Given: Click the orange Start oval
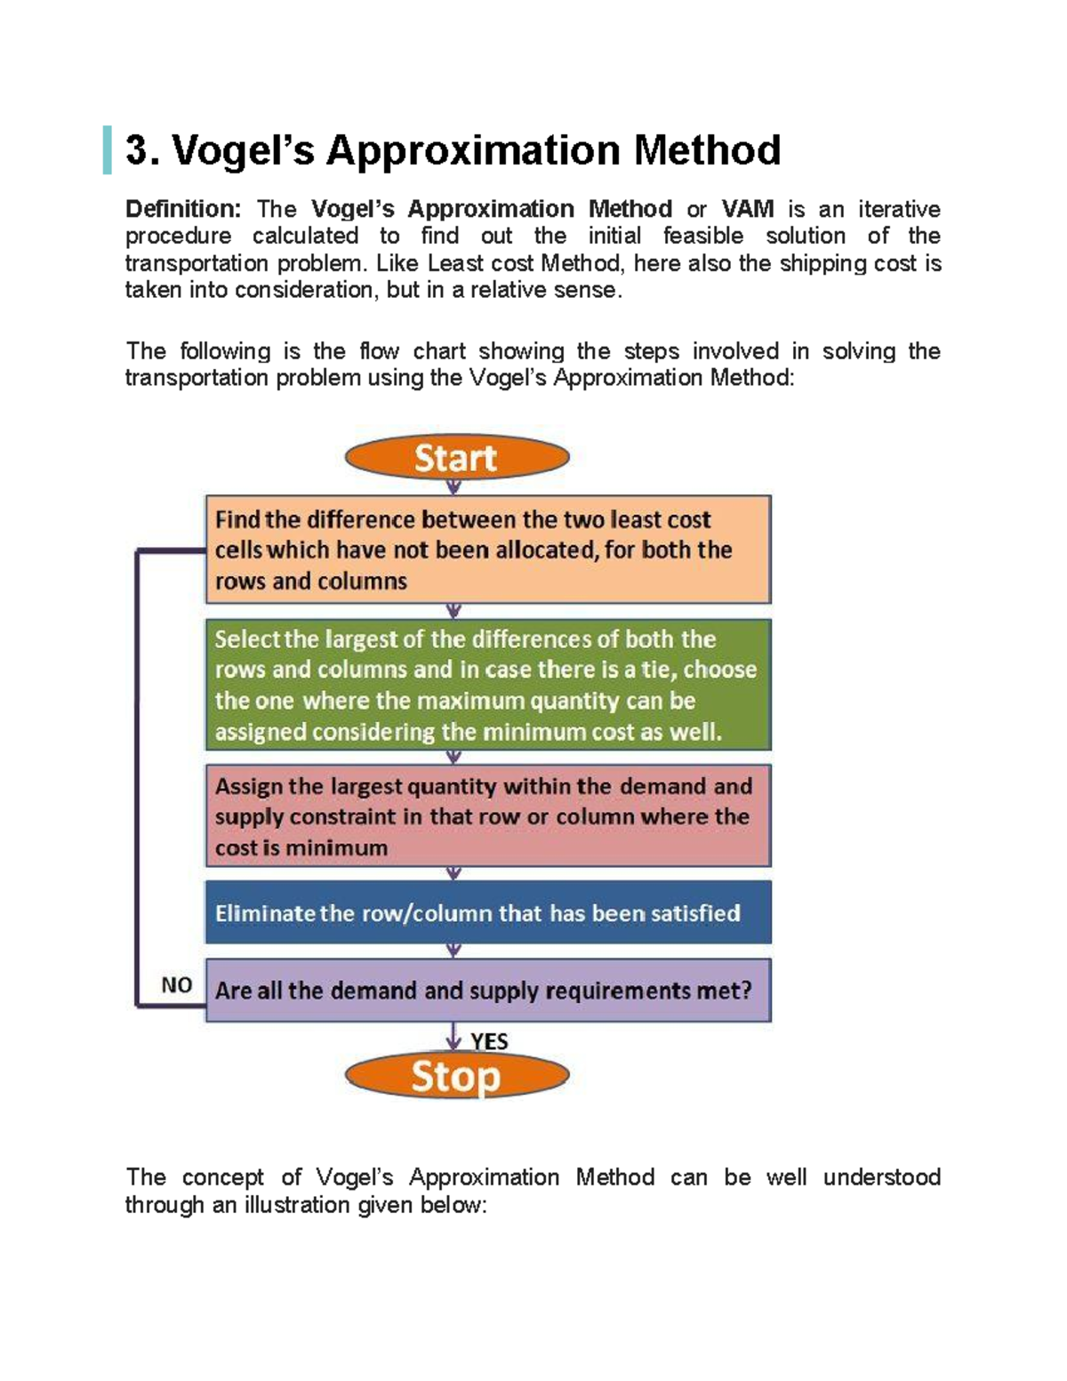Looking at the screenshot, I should [456, 458].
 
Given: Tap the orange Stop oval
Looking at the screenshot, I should [456, 1076].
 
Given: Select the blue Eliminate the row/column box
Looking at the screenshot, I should [487, 912].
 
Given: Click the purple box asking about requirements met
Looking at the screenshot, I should [487, 990].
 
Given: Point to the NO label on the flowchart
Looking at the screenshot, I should [176, 984].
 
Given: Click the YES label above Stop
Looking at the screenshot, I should [489, 1041].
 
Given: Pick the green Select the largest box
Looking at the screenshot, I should [487, 685].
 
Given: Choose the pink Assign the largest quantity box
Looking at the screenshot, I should [487, 815].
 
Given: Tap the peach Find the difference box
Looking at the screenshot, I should [487, 550].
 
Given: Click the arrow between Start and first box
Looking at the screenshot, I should [453, 486].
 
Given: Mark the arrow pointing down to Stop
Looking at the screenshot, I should [453, 1038].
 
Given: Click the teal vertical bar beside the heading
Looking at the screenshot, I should [108, 149].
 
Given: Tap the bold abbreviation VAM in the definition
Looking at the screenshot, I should [747, 209].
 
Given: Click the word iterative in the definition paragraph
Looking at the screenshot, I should [899, 209].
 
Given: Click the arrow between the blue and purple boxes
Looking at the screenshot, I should [453, 951].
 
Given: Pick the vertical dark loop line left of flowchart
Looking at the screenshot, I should [137, 778].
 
